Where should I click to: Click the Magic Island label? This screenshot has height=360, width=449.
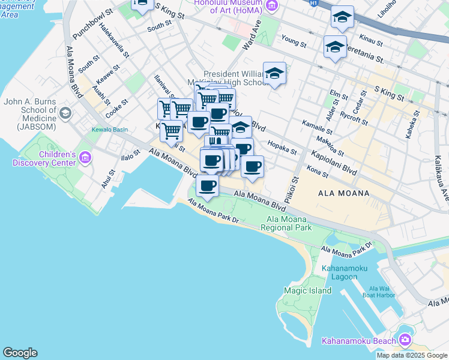coord(307,290)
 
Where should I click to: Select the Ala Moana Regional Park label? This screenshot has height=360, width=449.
coord(289,224)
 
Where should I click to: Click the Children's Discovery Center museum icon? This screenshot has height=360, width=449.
coord(85,158)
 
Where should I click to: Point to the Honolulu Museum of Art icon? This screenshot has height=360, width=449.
coord(271,6)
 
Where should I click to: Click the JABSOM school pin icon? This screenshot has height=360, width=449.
coord(65,113)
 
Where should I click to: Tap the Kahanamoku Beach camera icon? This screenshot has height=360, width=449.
coord(405,341)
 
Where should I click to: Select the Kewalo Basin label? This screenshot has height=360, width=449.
coord(109,130)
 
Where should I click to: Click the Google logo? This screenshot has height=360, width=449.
coord(20,353)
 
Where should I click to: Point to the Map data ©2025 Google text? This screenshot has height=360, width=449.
coord(412,355)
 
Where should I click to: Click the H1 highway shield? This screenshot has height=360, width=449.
coord(313,3)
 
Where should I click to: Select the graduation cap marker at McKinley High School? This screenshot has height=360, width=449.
coord(274,73)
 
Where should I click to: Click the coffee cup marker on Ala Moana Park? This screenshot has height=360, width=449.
coord(208,187)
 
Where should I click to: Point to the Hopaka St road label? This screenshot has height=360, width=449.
coord(282,148)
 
